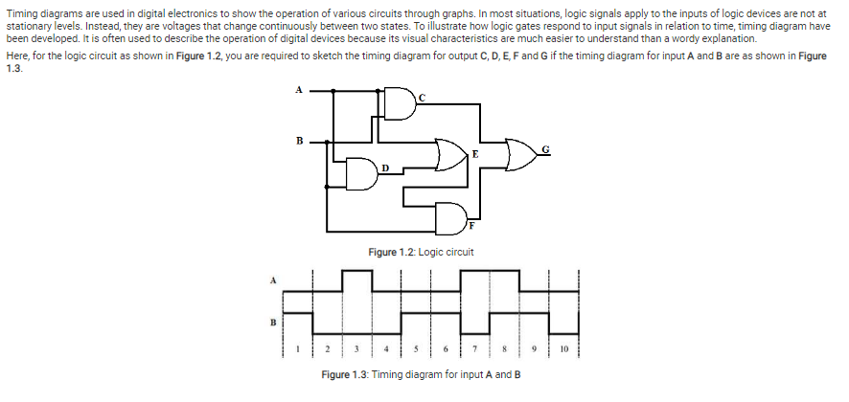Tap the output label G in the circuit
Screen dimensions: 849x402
[x=546, y=148]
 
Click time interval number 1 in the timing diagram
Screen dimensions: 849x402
[x=298, y=349]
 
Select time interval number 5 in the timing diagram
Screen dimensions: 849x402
[x=417, y=349]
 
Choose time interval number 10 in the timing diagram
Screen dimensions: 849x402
[x=564, y=349]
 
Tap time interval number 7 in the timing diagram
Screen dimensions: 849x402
[x=475, y=349]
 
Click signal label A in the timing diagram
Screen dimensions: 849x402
[x=271, y=280]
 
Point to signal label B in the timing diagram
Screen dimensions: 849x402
[x=271, y=323]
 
